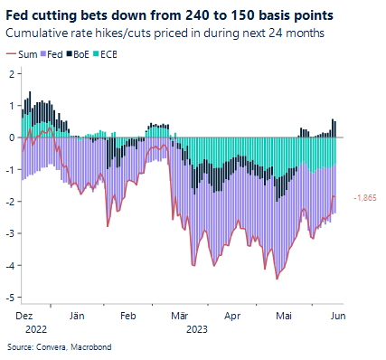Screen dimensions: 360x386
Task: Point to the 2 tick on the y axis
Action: point(10,73)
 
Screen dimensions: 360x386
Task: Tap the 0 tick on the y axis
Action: point(10,137)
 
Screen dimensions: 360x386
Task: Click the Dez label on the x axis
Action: point(24,317)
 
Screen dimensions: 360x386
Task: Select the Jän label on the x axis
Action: point(77,317)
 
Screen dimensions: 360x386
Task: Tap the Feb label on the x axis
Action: point(127,317)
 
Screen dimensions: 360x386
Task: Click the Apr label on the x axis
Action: point(233,317)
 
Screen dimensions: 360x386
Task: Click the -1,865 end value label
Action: point(364,198)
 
